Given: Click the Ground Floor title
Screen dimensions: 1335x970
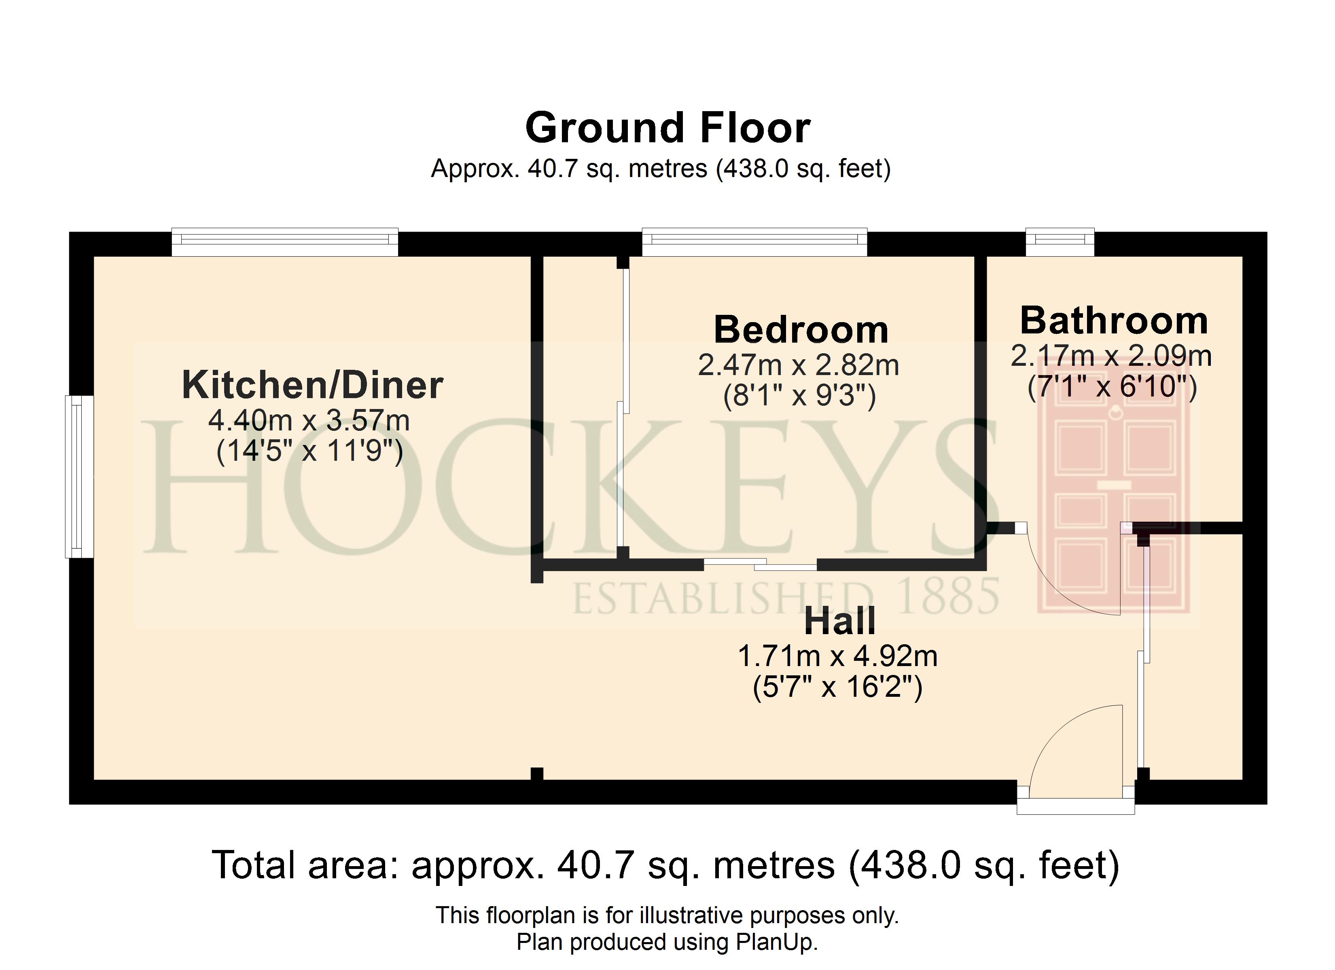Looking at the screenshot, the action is (667, 128).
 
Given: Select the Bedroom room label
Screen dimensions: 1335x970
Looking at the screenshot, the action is (801, 329).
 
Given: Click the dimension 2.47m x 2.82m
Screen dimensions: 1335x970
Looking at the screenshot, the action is (798, 365).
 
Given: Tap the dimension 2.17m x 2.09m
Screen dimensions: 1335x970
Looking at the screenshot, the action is (1111, 356).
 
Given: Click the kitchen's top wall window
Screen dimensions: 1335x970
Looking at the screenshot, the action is (285, 242).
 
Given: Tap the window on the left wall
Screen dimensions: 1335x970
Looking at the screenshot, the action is (79, 477).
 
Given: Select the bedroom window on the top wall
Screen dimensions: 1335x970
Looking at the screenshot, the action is (754, 242).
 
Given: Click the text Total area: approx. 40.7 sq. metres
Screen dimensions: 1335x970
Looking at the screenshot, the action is (523, 865).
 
